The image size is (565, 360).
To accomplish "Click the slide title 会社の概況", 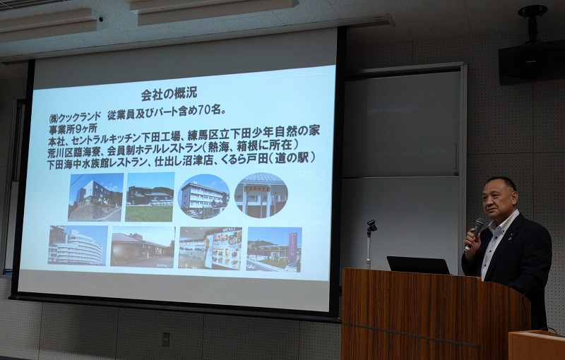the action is [169, 94].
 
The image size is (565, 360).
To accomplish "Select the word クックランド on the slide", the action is [79, 117].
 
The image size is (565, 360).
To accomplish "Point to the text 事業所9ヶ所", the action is [73, 128].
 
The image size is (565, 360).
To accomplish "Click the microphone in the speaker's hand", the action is [474, 233].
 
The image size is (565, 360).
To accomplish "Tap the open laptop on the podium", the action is [418, 265].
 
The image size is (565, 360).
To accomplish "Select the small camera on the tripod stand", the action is [371, 226].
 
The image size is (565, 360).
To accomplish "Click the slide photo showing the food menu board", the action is [210, 248].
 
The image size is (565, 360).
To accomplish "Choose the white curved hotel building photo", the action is [78, 245].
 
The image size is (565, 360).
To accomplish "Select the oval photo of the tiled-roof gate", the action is [261, 195].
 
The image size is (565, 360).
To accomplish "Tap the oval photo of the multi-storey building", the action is [203, 196].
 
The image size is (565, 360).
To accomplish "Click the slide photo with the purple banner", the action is [274, 249].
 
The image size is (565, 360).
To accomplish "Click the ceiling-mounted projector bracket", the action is [533, 21].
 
